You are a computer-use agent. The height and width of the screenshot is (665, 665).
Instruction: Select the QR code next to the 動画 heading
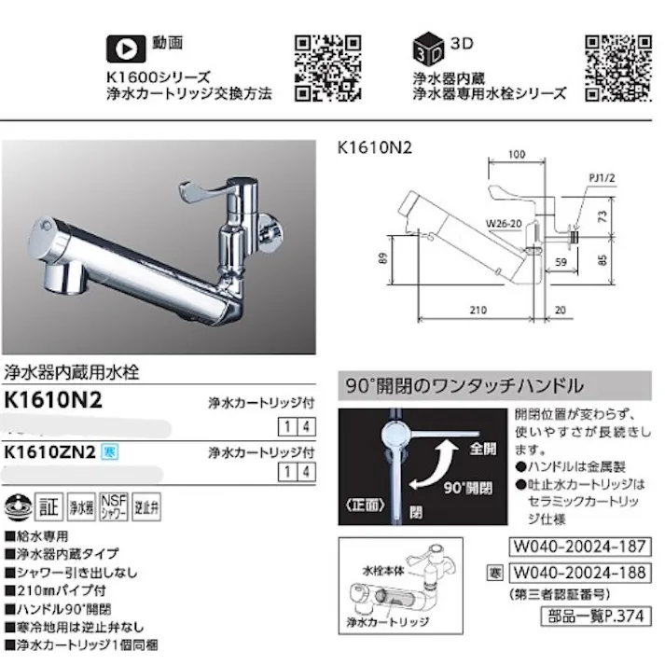(328, 66)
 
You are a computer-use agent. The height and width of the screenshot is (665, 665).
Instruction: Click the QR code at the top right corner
(617, 66)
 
